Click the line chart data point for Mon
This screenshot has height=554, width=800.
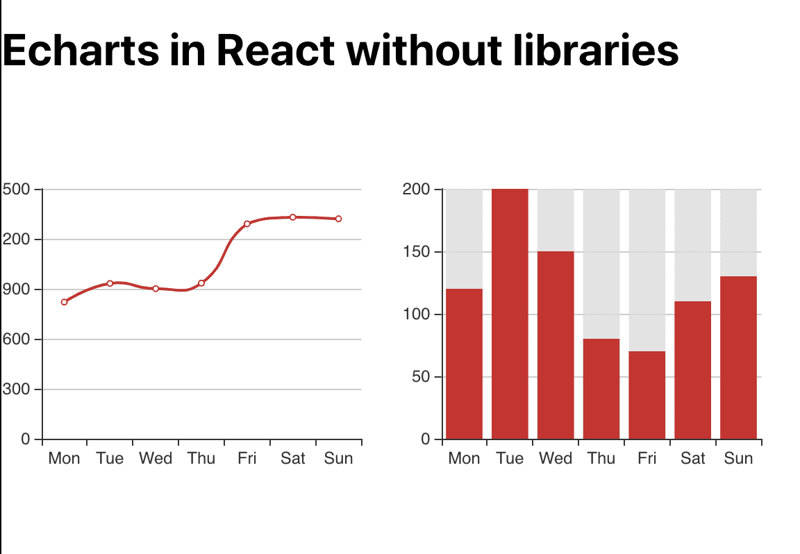[x=65, y=302]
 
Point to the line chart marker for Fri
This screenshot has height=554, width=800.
[x=247, y=224]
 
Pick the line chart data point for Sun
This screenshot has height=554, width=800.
[x=338, y=219]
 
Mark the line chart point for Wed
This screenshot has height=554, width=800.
[x=156, y=289]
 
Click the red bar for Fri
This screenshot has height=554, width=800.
[x=647, y=395]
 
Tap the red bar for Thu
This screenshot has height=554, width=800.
[x=601, y=389]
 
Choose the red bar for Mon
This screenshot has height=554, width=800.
[x=464, y=364]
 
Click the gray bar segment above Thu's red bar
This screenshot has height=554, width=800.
[x=601, y=264]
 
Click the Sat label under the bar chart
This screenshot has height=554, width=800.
[x=692, y=458]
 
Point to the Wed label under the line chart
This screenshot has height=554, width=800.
[x=156, y=458]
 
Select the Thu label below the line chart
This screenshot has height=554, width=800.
[x=201, y=458]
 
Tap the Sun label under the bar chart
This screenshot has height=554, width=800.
[x=738, y=458]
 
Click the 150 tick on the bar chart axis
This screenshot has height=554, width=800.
[x=417, y=251]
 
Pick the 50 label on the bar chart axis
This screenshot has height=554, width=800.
[x=420, y=377]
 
